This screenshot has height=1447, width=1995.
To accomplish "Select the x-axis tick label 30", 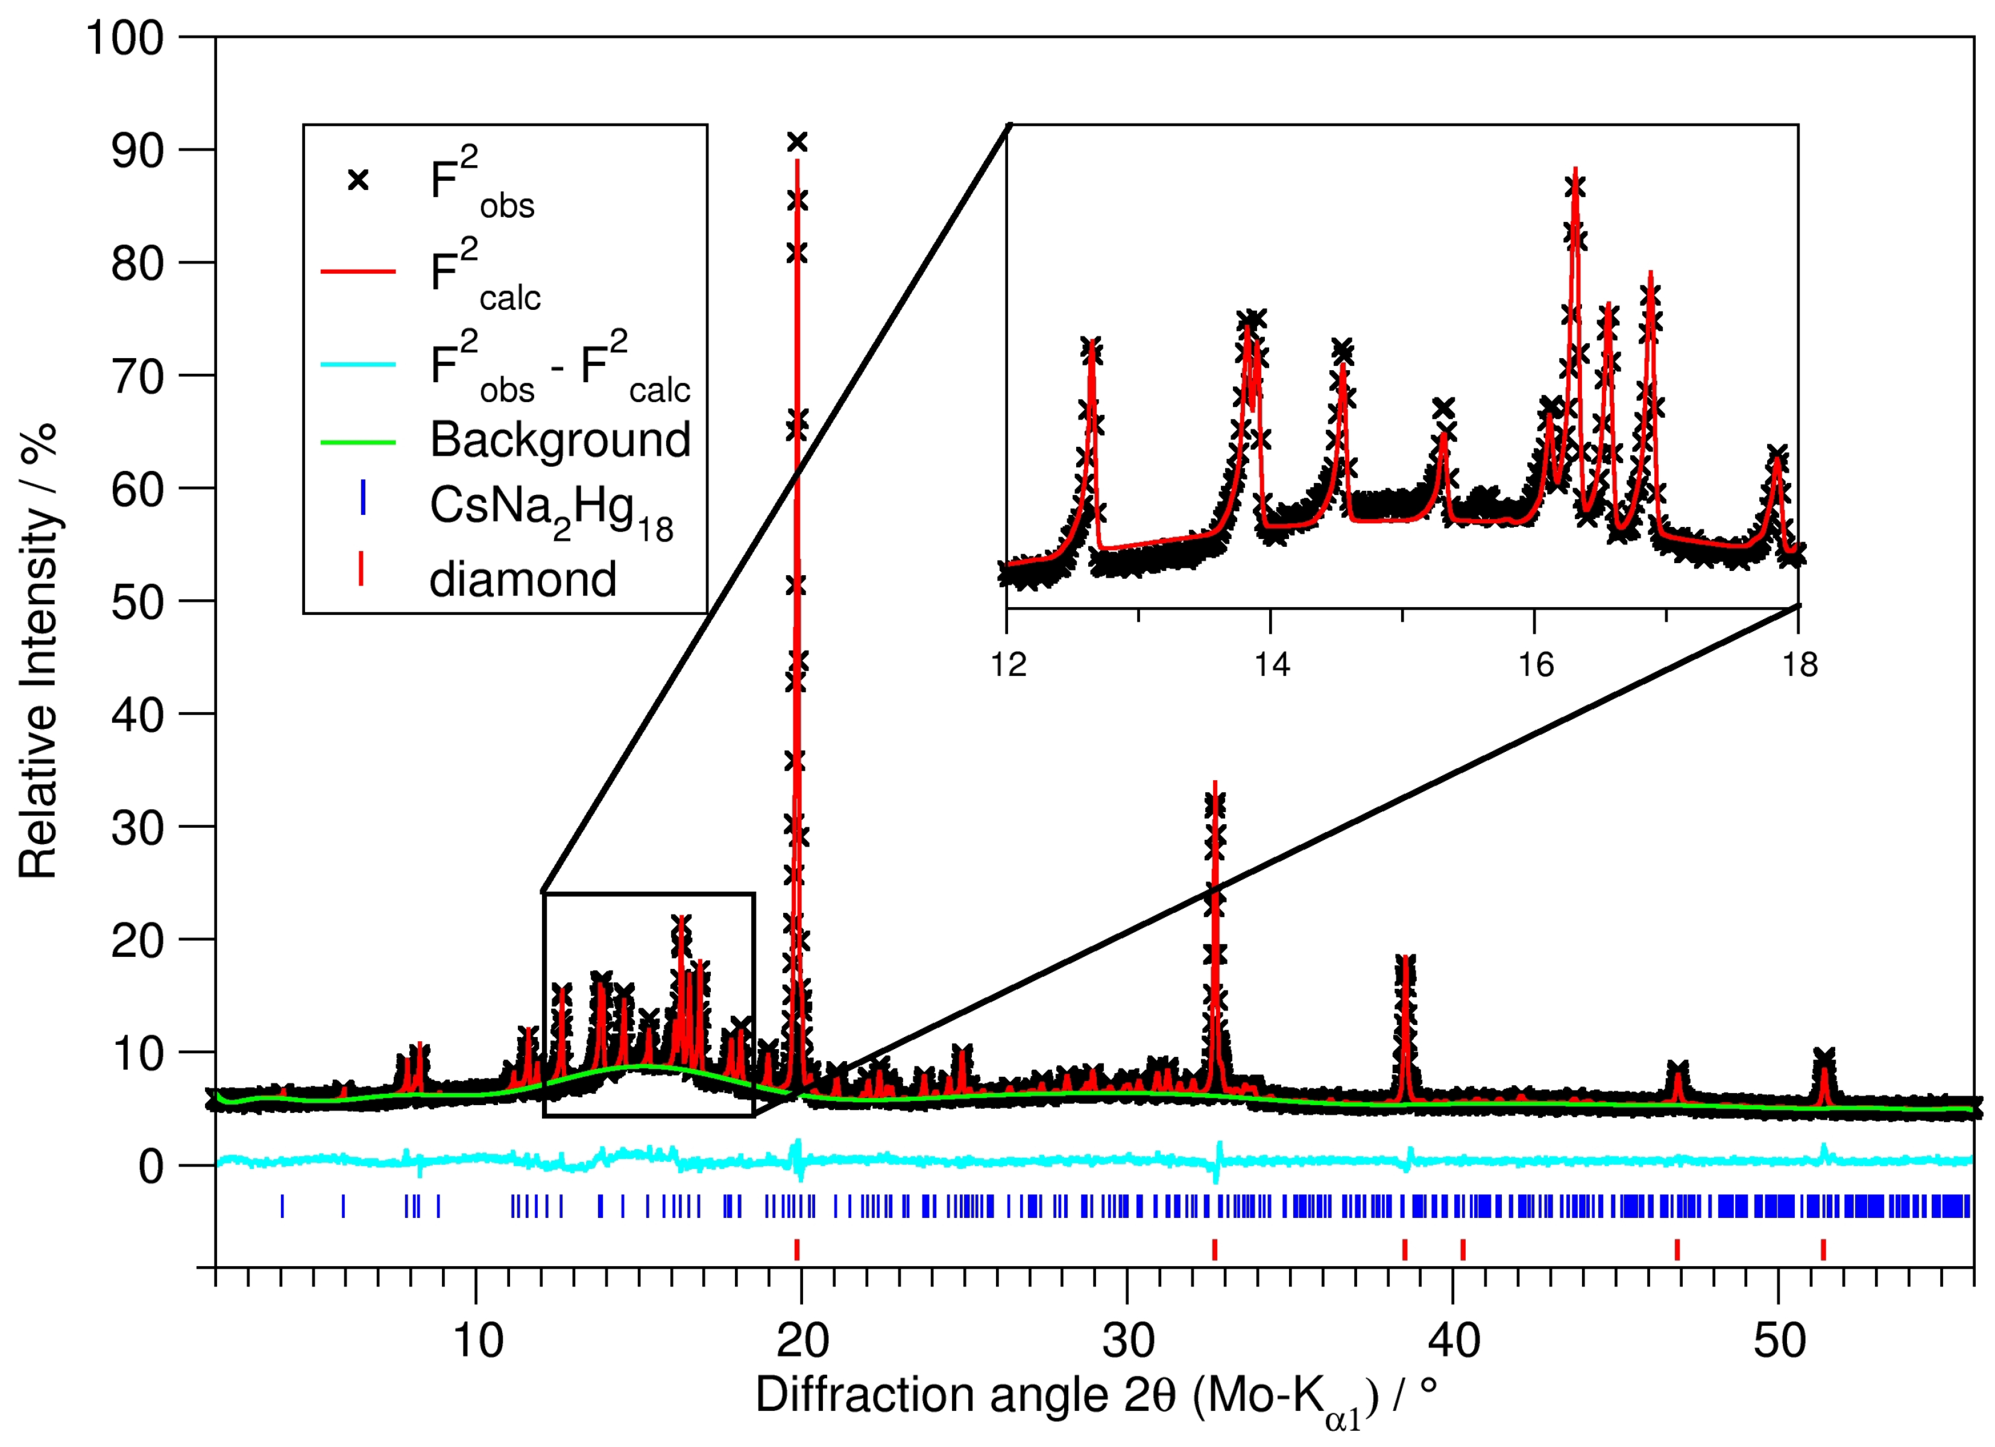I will pos(1127,1340).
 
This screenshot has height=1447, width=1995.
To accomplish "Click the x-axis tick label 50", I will pos(1778,1340).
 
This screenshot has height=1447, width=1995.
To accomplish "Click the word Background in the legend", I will pos(559,439).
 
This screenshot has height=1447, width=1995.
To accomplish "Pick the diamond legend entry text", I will pos(523,579).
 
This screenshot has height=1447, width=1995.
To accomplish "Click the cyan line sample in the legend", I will pos(358,364).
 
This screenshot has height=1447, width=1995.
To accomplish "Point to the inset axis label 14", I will pos(1271,665).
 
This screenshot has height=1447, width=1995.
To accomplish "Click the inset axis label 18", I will pos(1799,665).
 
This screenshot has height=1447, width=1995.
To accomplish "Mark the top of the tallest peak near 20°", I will pos(797,142).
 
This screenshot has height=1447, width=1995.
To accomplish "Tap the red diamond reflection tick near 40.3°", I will pos(1463,1249).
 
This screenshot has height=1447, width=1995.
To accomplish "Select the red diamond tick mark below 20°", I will pos(797,1249).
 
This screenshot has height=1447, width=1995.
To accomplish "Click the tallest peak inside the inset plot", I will pos(1575,171).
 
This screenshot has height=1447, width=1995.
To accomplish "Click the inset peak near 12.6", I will pos(1092,345).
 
